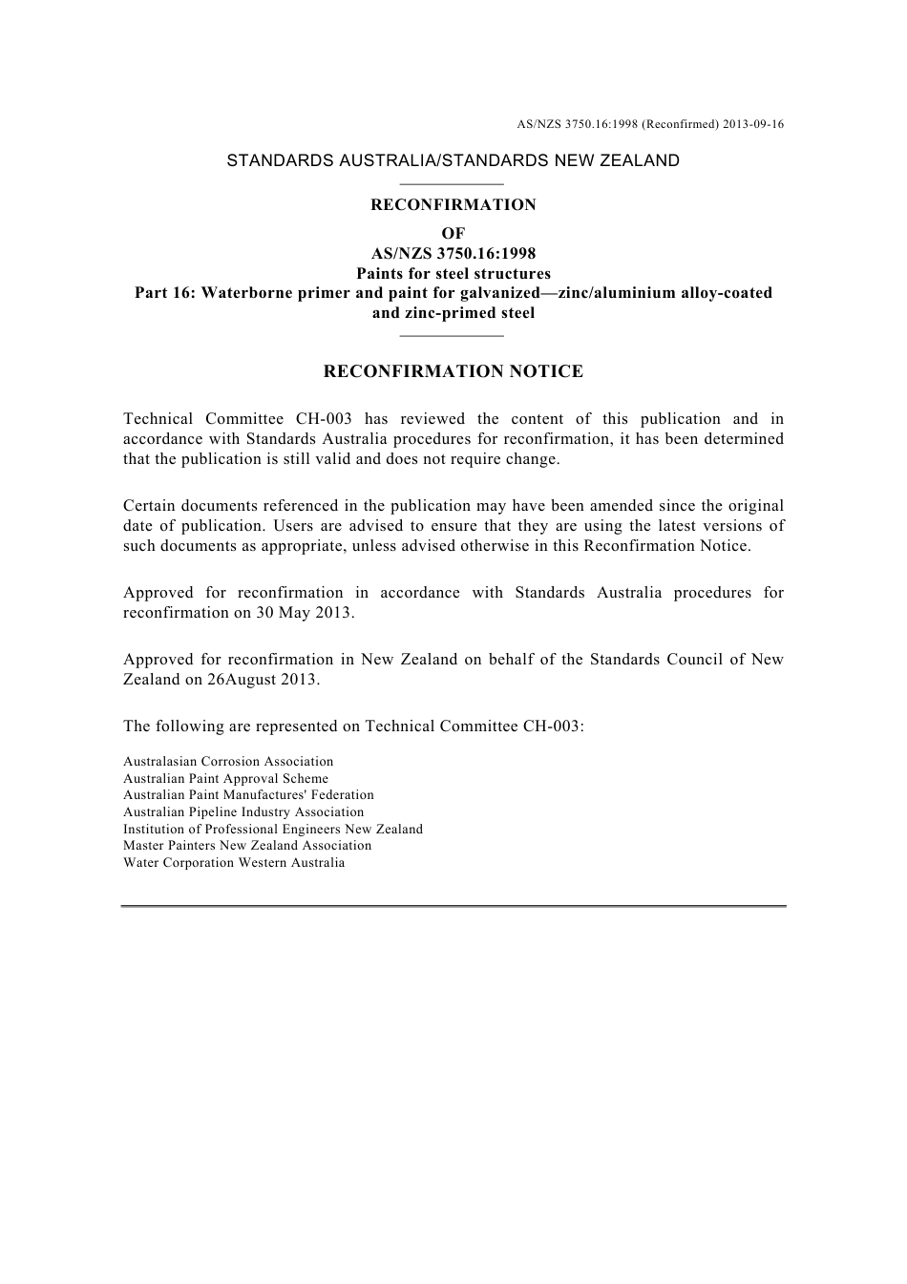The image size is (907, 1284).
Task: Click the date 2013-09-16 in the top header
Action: pyautogui.click(x=753, y=124)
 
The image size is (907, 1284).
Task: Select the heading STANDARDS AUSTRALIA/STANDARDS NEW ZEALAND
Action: pyautogui.click(x=453, y=160)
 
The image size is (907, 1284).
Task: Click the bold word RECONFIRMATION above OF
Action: pyautogui.click(x=453, y=204)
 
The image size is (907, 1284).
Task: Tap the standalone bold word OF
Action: pyautogui.click(x=453, y=233)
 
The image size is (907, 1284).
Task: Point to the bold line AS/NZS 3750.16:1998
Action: pyautogui.click(x=453, y=253)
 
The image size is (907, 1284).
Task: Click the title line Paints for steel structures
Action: pyautogui.click(x=453, y=273)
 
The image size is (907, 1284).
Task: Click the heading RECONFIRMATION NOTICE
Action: pyautogui.click(x=453, y=371)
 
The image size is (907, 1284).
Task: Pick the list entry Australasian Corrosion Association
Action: pyautogui.click(x=228, y=762)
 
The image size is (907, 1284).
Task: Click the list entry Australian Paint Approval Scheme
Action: pyautogui.click(x=225, y=779)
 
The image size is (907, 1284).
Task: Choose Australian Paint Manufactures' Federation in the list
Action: pyautogui.click(x=248, y=795)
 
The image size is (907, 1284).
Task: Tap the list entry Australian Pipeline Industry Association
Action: pyautogui.click(x=243, y=812)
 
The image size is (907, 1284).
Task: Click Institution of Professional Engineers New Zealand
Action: pyautogui.click(x=272, y=829)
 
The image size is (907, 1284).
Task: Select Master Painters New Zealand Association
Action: pyautogui.click(x=247, y=846)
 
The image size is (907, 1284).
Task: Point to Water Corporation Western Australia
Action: pyautogui.click(x=234, y=863)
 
